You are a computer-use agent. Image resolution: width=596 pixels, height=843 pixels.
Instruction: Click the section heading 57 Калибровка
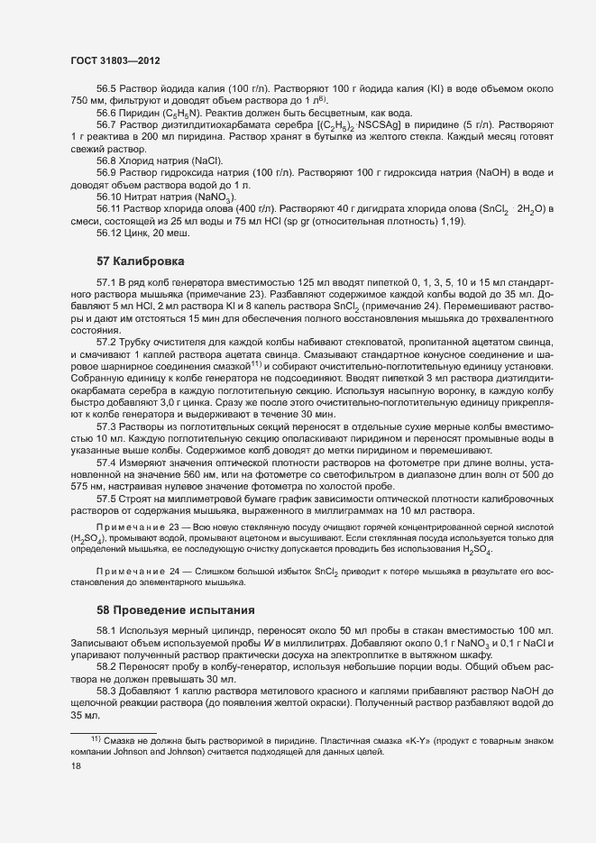click(x=140, y=261)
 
